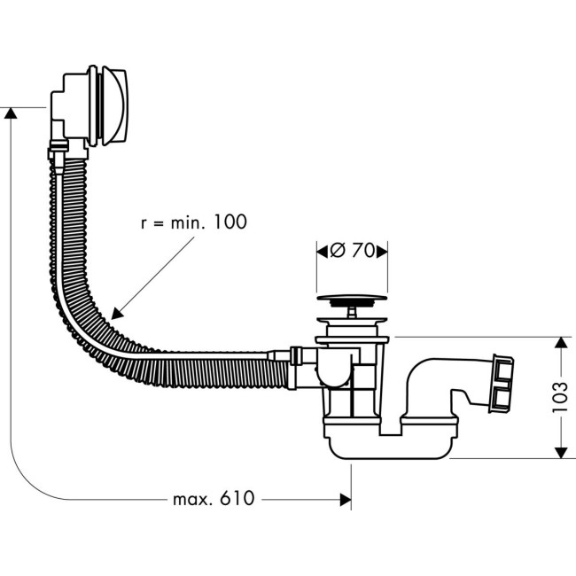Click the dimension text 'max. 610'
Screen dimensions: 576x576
click(x=212, y=499)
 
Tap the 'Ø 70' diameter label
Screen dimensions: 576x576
click(x=352, y=251)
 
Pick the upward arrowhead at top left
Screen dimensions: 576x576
click(x=11, y=113)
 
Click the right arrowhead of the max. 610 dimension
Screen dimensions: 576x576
click(x=346, y=500)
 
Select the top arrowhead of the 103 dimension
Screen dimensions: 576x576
click(x=560, y=343)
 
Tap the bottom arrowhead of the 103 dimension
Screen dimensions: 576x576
click(x=560, y=452)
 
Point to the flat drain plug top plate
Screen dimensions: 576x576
click(x=352, y=300)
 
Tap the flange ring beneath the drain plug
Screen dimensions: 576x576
click(x=352, y=339)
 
